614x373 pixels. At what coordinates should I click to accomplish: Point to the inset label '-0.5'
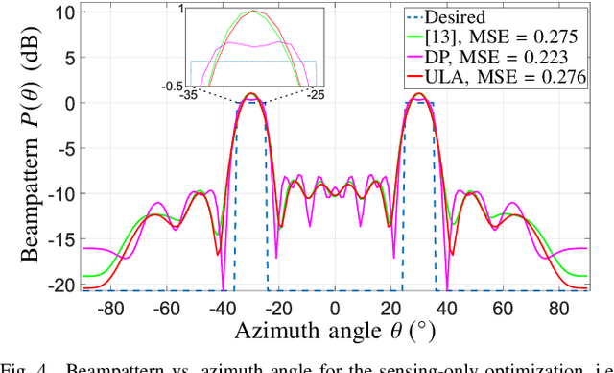point(173,86)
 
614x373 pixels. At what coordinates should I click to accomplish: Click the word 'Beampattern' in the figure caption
point(103,366)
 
